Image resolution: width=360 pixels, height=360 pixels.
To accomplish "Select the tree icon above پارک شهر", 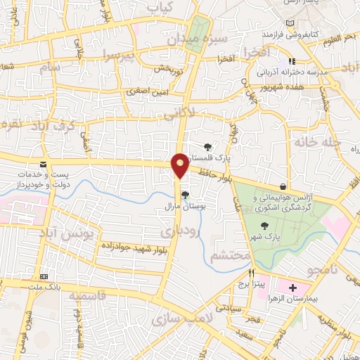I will pos(265,226).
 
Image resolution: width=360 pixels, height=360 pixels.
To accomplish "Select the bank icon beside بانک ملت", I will pos(44,276).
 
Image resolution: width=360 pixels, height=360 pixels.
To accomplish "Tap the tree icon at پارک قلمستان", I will pos(207,146).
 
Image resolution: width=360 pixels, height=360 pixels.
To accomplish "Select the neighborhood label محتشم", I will pos(229,255).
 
